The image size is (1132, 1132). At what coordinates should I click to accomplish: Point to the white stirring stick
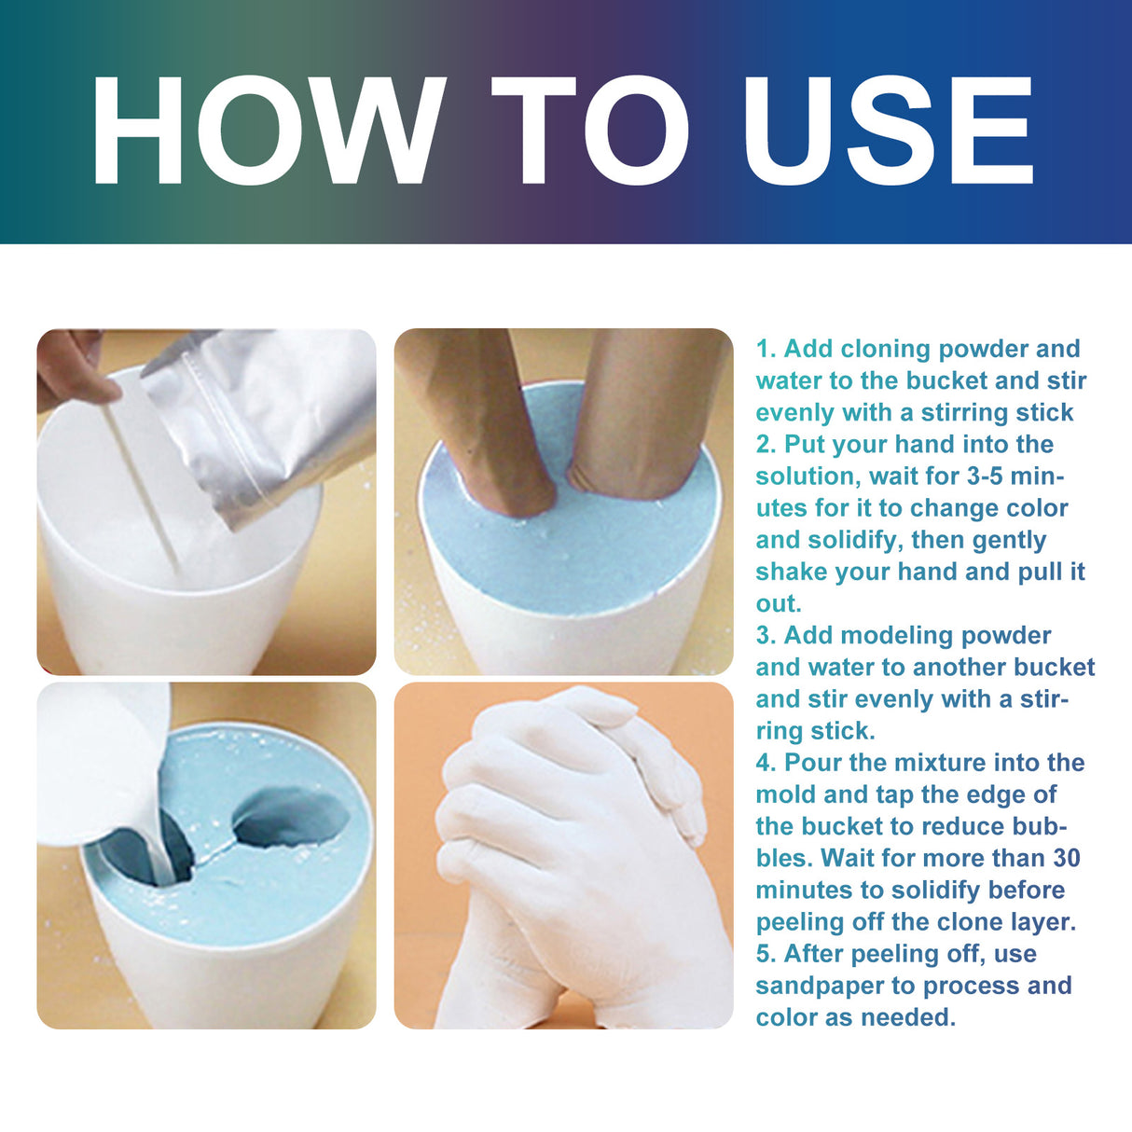pyautogui.click(x=140, y=485)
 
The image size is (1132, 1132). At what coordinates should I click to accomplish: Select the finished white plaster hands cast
pyautogui.click(x=569, y=858)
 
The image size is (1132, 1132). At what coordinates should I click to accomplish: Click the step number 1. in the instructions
pyautogui.click(x=766, y=349)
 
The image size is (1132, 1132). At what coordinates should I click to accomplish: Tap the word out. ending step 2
pyautogui.click(x=778, y=603)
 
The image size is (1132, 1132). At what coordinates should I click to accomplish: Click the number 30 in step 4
pyautogui.click(x=1066, y=858)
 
